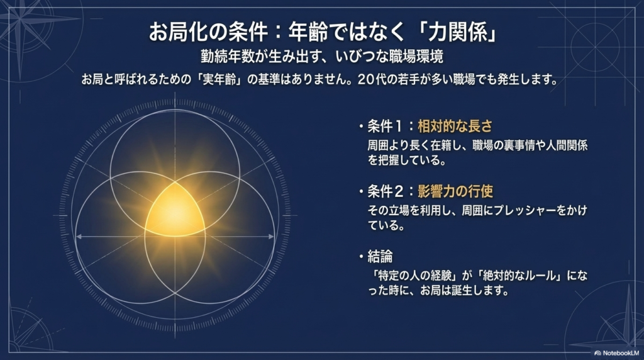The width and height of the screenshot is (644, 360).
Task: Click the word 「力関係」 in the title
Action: click(x=455, y=32)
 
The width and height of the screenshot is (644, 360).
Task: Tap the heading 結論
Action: click(x=380, y=257)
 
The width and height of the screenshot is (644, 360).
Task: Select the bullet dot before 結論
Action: click(x=361, y=257)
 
